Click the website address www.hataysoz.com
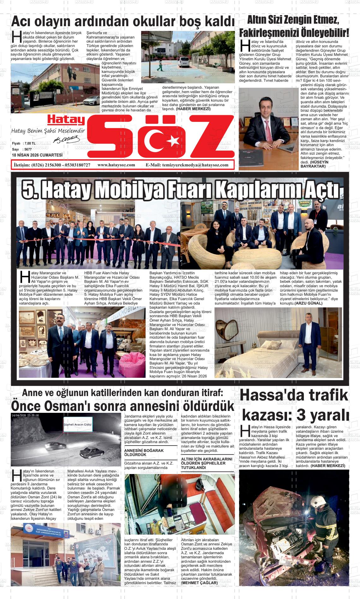116,165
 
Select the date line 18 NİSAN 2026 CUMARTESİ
37,155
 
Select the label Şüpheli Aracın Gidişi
78,424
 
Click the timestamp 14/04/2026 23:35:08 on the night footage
25,415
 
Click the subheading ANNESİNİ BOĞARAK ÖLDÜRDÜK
144,453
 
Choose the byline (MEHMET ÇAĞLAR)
200,583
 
